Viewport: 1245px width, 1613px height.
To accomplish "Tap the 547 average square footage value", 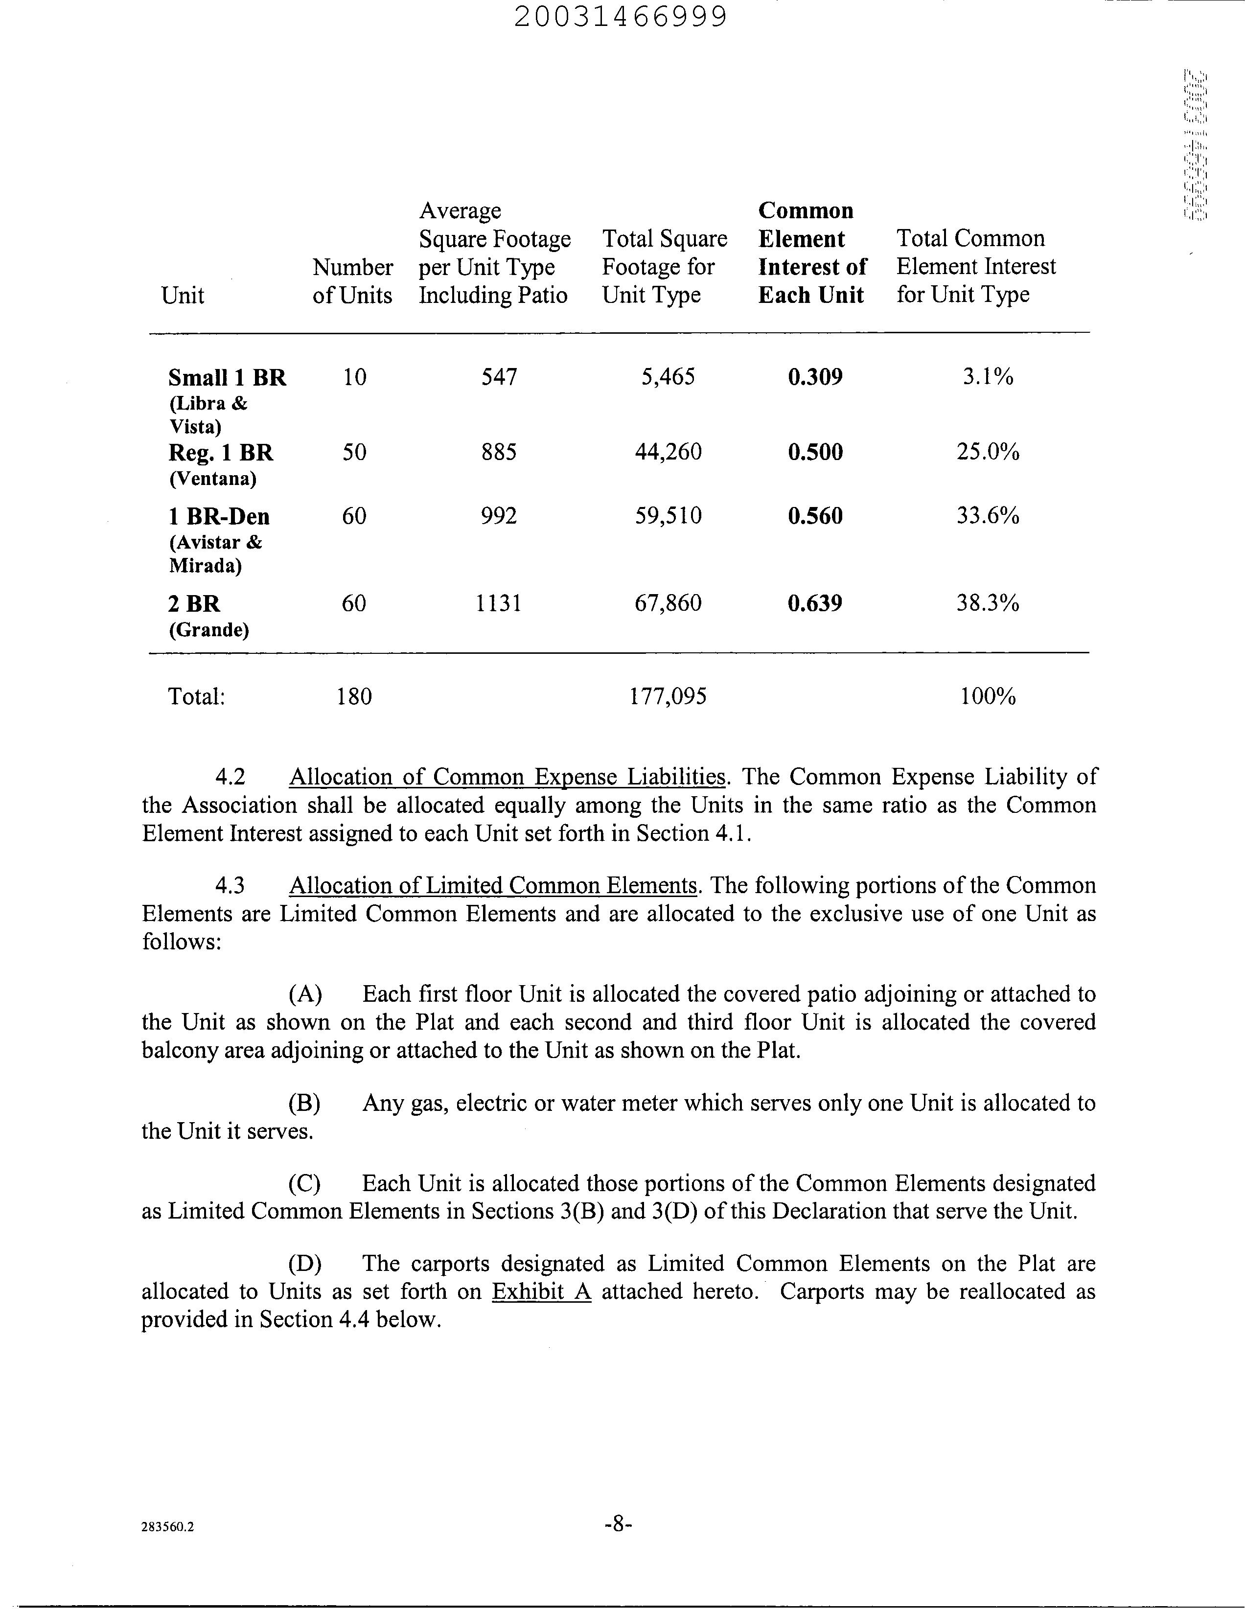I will [x=499, y=377].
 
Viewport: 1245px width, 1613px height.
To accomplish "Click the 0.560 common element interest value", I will [x=814, y=515].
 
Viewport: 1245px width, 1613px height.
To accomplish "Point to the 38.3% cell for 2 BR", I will [x=987, y=603].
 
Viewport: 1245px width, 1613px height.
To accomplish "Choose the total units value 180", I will [x=354, y=696].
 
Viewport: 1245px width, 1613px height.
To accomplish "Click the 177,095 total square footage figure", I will [x=669, y=696].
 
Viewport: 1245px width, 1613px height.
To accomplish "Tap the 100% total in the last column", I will [x=987, y=696].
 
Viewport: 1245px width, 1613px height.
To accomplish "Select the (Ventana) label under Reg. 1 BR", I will [x=213, y=479].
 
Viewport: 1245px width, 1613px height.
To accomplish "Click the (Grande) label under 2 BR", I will [x=209, y=630].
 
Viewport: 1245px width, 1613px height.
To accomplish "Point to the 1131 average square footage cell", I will [x=499, y=603].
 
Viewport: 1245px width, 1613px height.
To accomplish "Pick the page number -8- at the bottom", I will [x=619, y=1523].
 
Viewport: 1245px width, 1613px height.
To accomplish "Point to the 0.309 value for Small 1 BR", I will [x=814, y=377].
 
